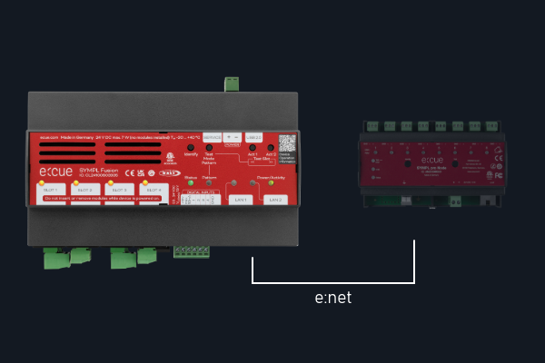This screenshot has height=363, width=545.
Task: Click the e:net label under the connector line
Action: tap(332, 298)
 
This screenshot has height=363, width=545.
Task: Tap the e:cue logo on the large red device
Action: tap(63, 171)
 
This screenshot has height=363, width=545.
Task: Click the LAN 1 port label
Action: tap(240, 199)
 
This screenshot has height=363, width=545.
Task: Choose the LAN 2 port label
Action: tap(274, 199)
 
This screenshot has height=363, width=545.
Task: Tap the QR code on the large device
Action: tap(287, 143)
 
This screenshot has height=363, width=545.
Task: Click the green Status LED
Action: tap(190, 182)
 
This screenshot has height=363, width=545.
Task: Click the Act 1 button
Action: tap(253, 147)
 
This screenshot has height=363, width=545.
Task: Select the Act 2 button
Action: tap(272, 147)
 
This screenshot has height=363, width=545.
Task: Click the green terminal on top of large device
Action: tap(232, 83)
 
